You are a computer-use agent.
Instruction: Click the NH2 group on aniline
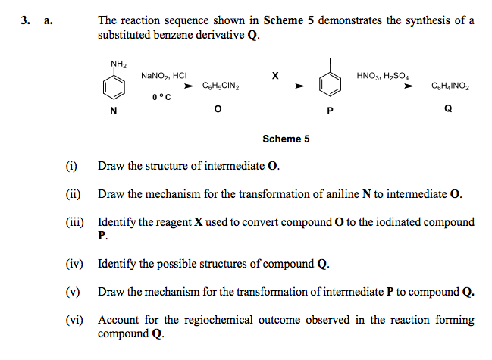point(118,63)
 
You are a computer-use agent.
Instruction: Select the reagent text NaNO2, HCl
point(164,76)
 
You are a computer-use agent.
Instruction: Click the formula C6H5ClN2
point(221,87)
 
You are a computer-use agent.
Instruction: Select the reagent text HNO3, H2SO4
point(383,76)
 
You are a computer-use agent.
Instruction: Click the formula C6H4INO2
point(450,87)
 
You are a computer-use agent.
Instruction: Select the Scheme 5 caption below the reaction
point(286,139)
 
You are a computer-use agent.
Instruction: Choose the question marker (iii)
point(72,222)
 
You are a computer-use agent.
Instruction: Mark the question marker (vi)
point(72,320)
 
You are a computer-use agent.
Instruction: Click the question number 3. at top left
point(26,20)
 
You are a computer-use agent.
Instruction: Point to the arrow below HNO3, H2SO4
point(386,86)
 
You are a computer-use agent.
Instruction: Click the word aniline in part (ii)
point(342,194)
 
